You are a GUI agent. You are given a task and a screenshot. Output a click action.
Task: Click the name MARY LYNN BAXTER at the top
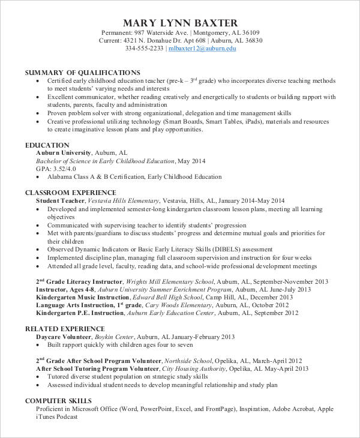(x=180, y=23)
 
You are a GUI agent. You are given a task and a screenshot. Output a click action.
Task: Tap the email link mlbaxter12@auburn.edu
(x=202, y=49)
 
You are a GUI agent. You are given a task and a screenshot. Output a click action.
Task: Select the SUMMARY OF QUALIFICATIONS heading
(x=82, y=72)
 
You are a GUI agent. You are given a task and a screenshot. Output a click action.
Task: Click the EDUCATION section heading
(x=47, y=145)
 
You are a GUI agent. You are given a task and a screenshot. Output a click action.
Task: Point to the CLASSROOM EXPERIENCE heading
(x=70, y=193)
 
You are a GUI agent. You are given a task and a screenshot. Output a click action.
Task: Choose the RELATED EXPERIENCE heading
(x=64, y=329)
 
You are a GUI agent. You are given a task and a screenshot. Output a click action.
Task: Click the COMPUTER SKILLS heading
(x=58, y=400)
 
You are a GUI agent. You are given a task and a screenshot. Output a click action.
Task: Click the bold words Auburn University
(x=64, y=153)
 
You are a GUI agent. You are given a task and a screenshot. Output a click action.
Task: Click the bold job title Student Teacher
(x=60, y=200)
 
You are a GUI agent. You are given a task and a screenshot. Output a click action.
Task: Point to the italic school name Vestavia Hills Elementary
(x=124, y=200)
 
